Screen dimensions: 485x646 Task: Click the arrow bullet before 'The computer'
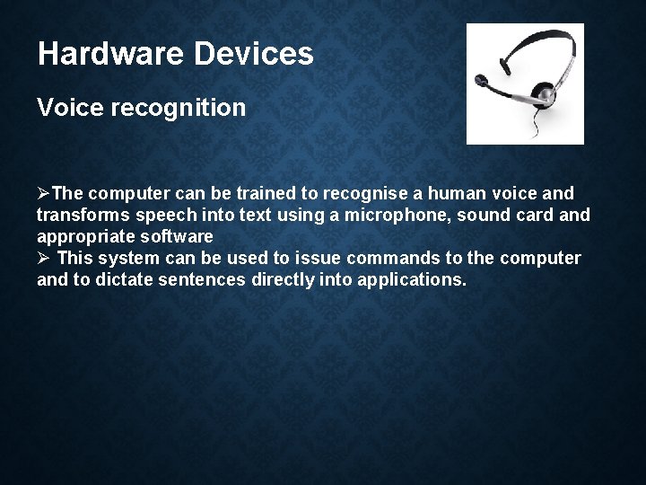point(44,194)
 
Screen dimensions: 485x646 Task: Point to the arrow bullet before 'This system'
point(44,259)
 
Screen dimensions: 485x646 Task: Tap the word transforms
point(83,216)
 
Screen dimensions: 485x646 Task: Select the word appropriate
point(80,237)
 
